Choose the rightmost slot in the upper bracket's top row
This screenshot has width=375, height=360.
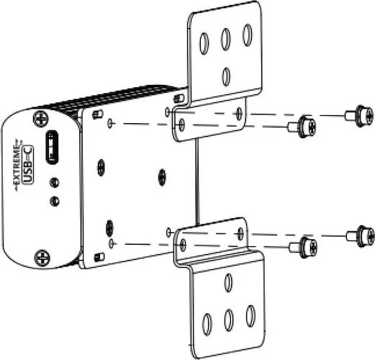click(x=247, y=35)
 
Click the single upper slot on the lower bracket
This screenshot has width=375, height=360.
click(x=227, y=283)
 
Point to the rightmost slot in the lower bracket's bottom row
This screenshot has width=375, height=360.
click(x=250, y=315)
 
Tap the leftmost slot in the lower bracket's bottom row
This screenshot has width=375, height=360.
click(x=208, y=322)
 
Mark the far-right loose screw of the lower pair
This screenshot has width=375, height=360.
click(x=359, y=235)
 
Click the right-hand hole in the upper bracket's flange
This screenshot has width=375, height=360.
click(x=238, y=113)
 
